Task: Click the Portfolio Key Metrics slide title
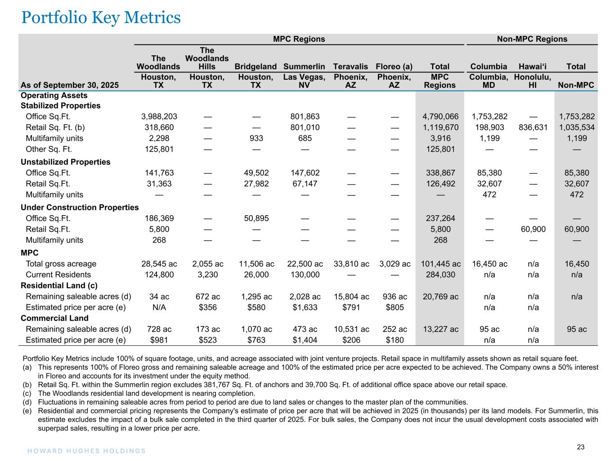(x=101, y=18)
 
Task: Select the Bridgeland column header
(x=255, y=67)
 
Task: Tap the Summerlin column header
(x=304, y=67)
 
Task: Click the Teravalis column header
(x=350, y=67)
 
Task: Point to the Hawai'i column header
(x=533, y=67)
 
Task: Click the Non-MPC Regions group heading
(x=532, y=39)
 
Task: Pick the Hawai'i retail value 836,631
(x=533, y=127)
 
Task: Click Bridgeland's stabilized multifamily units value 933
(x=255, y=138)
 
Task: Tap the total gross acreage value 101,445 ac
(x=440, y=264)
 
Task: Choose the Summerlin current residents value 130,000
(x=304, y=275)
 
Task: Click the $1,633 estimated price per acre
(x=304, y=307)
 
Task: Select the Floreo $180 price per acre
(x=394, y=340)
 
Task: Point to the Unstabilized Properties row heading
(x=65, y=162)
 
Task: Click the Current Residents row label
(x=58, y=275)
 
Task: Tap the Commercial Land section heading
(x=54, y=318)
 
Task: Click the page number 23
(x=581, y=447)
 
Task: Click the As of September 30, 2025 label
(x=70, y=85)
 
